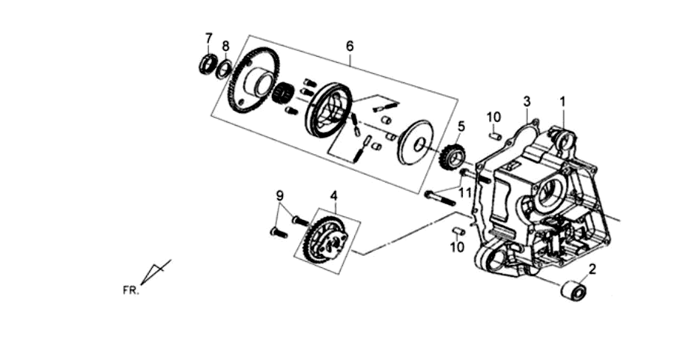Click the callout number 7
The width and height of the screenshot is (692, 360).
click(209, 38)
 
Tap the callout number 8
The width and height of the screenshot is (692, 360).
click(225, 46)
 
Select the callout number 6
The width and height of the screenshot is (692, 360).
click(350, 46)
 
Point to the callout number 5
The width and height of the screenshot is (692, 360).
click(461, 126)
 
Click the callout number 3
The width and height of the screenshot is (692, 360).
click(526, 102)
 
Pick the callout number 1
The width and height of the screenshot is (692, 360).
click(562, 102)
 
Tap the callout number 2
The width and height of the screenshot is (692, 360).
click(592, 269)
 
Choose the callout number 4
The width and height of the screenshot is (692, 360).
click(334, 195)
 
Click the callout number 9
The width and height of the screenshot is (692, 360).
click(279, 195)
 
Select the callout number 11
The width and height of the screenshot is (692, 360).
click(465, 192)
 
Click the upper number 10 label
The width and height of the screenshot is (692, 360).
click(494, 118)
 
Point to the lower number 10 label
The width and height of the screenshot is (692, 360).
click(458, 247)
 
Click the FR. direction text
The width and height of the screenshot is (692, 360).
click(130, 290)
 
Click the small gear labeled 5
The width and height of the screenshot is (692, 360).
click(452, 157)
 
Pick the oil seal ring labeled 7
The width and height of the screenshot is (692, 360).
click(207, 64)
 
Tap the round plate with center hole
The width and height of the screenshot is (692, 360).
click(416, 141)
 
